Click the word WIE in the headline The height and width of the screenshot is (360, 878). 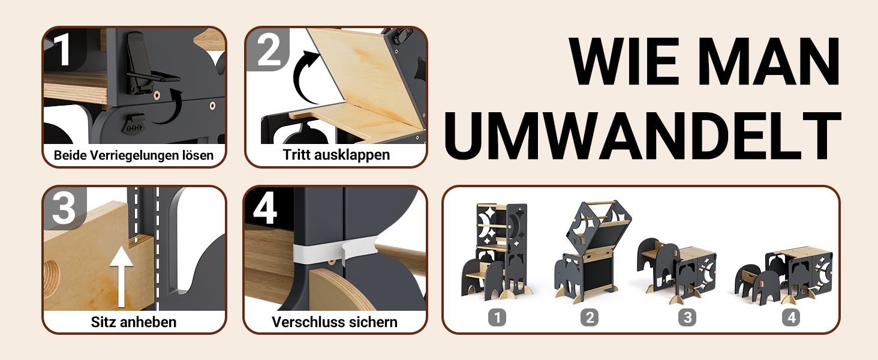[624, 61]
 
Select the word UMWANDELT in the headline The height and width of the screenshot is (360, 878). [643, 136]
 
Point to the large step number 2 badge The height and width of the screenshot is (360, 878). [269, 49]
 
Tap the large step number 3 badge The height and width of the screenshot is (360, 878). [64, 208]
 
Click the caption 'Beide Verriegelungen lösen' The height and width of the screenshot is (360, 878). [134, 155]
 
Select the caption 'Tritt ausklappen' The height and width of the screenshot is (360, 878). [336, 155]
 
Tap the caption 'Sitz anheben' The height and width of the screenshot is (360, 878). [134, 322]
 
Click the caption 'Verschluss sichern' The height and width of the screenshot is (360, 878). [335, 322]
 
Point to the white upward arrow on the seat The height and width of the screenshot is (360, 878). [122, 276]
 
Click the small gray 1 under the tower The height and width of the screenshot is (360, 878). [497, 317]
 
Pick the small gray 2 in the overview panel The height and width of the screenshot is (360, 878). [590, 317]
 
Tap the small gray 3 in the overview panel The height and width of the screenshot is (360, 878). [687, 317]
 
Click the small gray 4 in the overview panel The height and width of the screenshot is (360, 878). [791, 317]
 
